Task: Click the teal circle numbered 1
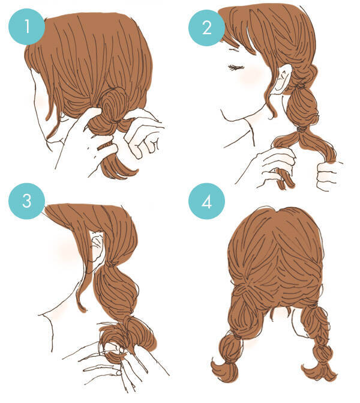click(27, 27)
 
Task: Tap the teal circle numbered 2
click(207, 28)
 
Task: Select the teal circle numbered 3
click(27, 201)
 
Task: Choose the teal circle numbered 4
click(207, 201)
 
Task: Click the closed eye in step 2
click(236, 68)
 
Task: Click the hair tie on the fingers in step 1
click(105, 146)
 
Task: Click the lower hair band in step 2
click(302, 129)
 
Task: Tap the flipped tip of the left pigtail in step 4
click(224, 369)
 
